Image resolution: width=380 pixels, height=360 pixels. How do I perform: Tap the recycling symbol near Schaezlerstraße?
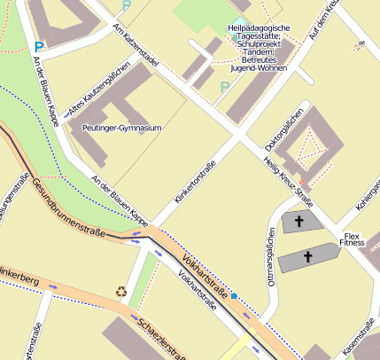(120, 290)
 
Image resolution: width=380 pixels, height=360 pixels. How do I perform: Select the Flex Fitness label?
(352, 239)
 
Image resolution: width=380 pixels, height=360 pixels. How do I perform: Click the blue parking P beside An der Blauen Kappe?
(38, 46)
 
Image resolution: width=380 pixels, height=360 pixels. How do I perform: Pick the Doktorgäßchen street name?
(285, 129)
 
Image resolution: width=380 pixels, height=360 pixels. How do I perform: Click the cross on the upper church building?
(299, 221)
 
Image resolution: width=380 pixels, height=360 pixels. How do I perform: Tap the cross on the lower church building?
(308, 258)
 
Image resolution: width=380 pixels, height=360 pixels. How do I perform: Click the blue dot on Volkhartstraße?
(235, 297)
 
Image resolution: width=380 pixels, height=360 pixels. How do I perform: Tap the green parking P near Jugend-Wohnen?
(223, 87)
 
